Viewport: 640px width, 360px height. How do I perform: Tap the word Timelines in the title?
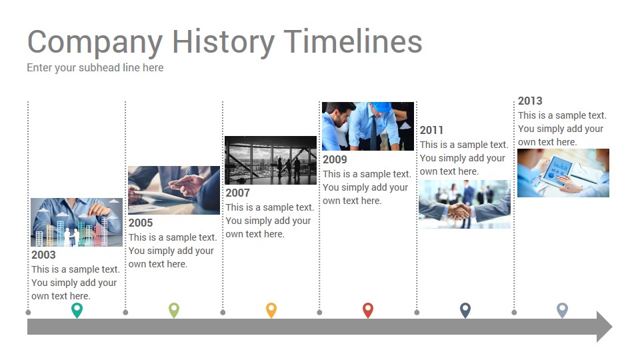(x=353, y=41)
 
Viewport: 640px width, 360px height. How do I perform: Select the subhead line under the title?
(x=95, y=68)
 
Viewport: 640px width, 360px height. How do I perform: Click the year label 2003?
(x=43, y=255)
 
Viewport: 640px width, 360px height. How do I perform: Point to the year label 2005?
(x=141, y=223)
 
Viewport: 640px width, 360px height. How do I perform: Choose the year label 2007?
(x=237, y=193)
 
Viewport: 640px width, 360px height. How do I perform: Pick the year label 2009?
(x=335, y=159)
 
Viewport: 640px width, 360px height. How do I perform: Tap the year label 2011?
(x=431, y=130)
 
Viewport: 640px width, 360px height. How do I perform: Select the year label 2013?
(x=530, y=101)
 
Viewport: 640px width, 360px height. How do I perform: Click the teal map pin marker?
(x=77, y=310)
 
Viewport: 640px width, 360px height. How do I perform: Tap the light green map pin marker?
(x=174, y=310)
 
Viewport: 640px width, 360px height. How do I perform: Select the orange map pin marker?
(x=271, y=310)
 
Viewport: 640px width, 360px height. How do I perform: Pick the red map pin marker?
(x=368, y=310)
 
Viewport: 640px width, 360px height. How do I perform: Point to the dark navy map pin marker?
(x=465, y=310)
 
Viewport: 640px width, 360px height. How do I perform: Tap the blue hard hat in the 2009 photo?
(x=383, y=107)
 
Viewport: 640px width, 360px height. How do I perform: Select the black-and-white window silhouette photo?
(x=271, y=161)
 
